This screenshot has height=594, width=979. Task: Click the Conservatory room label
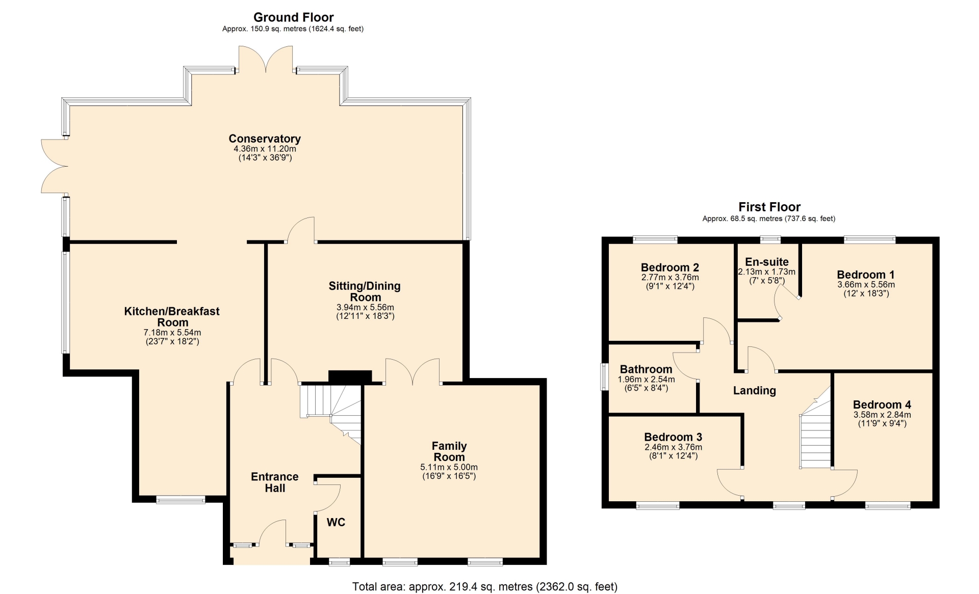click(265, 139)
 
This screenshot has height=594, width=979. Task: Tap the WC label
click(336, 522)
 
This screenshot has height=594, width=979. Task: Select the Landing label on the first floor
click(755, 391)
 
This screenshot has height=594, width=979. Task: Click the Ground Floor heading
click(293, 17)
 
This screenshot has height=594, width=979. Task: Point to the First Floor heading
click(769, 207)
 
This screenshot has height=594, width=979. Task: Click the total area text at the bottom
click(485, 587)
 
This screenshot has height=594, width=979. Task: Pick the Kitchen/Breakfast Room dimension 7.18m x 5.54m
click(172, 333)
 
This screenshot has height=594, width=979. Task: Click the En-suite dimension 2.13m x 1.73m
click(767, 272)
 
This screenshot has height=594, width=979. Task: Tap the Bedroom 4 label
click(882, 404)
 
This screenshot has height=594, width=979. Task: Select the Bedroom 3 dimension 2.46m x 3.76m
click(673, 447)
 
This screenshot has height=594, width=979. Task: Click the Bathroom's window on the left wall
click(605, 376)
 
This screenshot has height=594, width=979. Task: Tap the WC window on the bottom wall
click(339, 562)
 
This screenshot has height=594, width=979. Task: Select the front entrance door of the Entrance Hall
click(273, 532)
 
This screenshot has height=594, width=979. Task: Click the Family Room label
click(449, 451)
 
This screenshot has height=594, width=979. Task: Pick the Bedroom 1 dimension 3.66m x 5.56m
click(866, 285)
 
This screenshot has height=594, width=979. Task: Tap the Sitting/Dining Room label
click(365, 291)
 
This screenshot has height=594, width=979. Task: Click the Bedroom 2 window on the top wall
click(655, 239)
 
